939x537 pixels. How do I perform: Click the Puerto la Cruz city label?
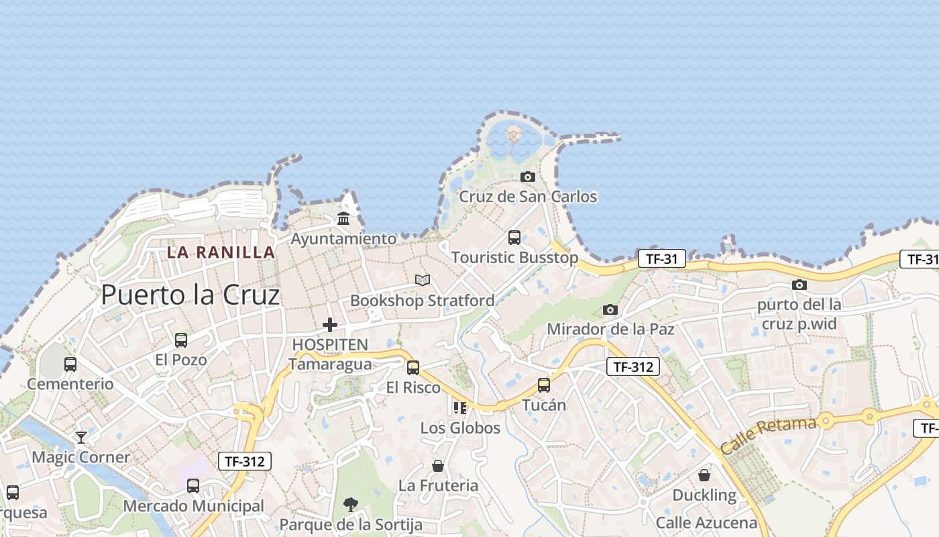click(190, 295)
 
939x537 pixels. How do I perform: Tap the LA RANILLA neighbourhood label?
click(221, 252)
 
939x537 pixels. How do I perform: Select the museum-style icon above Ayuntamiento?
click(343, 218)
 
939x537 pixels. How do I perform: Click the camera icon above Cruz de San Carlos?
click(528, 177)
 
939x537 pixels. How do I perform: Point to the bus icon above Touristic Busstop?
click(514, 237)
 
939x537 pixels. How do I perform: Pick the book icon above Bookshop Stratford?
click(422, 280)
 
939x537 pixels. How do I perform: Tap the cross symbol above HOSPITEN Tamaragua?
click(330, 325)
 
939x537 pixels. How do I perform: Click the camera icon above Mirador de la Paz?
click(610, 309)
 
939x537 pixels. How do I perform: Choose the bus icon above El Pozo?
click(181, 340)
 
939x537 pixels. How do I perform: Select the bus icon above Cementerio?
click(70, 364)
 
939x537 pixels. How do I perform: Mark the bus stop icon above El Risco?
click(413, 367)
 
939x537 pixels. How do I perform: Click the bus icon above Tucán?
click(543, 385)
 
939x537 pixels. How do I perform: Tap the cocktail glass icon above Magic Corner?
click(81, 438)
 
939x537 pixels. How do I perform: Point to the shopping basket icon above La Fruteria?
click(438, 465)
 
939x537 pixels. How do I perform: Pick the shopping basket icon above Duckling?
click(704, 475)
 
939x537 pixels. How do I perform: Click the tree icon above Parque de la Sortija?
click(350, 504)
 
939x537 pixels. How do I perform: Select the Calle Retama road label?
click(769, 434)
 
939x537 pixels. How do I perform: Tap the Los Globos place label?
click(460, 428)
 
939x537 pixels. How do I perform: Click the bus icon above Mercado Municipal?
click(193, 485)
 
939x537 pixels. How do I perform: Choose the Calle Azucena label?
click(706, 523)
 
